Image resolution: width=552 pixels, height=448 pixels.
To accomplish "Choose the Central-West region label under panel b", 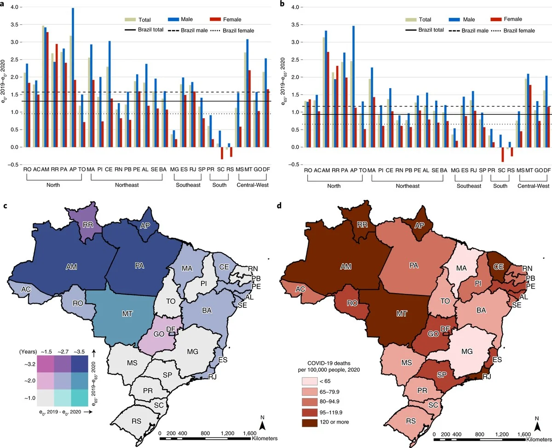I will click(534, 186).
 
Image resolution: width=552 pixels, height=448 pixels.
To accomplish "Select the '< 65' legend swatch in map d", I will click(311, 381).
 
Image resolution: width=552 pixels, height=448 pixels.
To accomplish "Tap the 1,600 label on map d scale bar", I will click(523, 434).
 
